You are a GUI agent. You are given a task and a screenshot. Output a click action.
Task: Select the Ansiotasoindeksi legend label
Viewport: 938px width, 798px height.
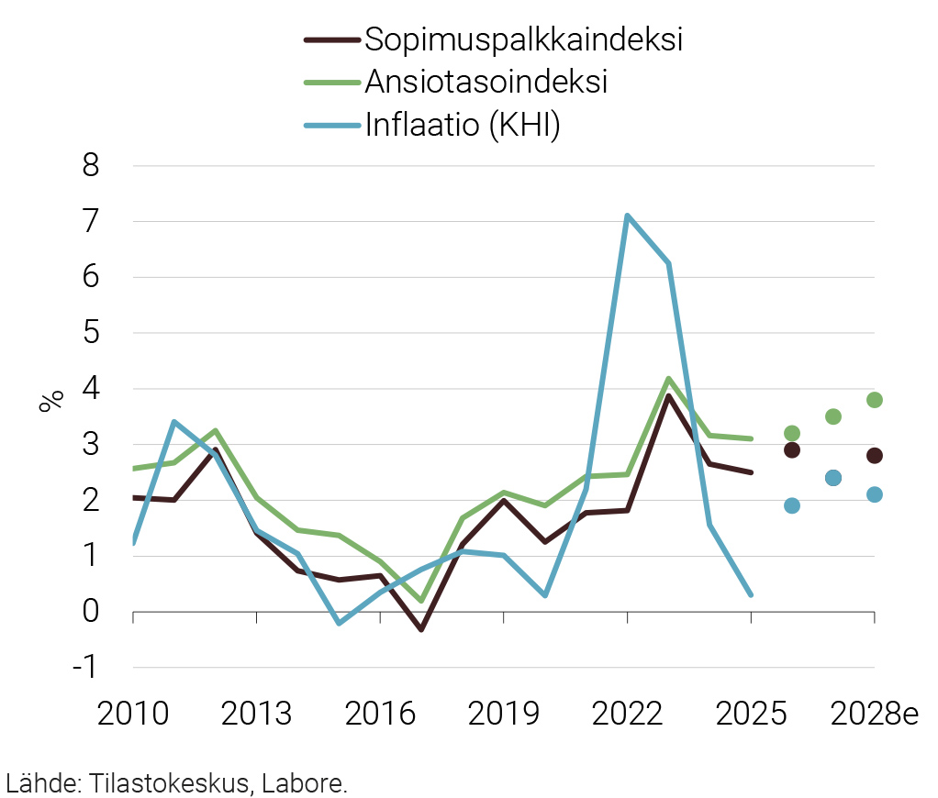point(486,81)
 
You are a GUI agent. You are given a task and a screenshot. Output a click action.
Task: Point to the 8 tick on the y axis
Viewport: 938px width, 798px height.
point(91,166)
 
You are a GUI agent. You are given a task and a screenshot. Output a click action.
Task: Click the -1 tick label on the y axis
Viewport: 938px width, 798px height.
point(85,667)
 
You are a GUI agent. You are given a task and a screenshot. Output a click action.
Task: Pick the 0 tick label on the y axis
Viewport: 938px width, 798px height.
point(91,611)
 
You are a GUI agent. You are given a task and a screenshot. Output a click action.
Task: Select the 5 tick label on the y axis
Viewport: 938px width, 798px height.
point(91,333)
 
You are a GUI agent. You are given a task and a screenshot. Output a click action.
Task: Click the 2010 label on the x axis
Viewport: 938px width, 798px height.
point(133,715)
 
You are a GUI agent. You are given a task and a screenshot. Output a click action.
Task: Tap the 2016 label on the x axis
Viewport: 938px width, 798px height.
point(380,715)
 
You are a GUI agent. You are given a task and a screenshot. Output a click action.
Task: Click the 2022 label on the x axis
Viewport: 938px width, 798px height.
point(627,715)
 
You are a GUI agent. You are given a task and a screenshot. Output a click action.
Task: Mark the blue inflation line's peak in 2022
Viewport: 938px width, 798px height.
point(627,216)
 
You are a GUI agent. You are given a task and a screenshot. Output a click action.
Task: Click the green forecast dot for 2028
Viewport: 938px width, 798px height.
point(875,400)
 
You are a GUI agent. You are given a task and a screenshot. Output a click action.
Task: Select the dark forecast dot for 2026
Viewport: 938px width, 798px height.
point(792,449)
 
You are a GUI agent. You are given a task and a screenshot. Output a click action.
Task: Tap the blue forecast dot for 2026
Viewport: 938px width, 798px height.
point(792,505)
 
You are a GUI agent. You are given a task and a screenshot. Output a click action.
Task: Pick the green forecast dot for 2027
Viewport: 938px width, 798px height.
point(833,416)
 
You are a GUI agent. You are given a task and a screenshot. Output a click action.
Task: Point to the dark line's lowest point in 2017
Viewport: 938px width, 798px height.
point(421,629)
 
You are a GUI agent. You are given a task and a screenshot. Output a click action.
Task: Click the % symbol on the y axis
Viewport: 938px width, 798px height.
point(51,401)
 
